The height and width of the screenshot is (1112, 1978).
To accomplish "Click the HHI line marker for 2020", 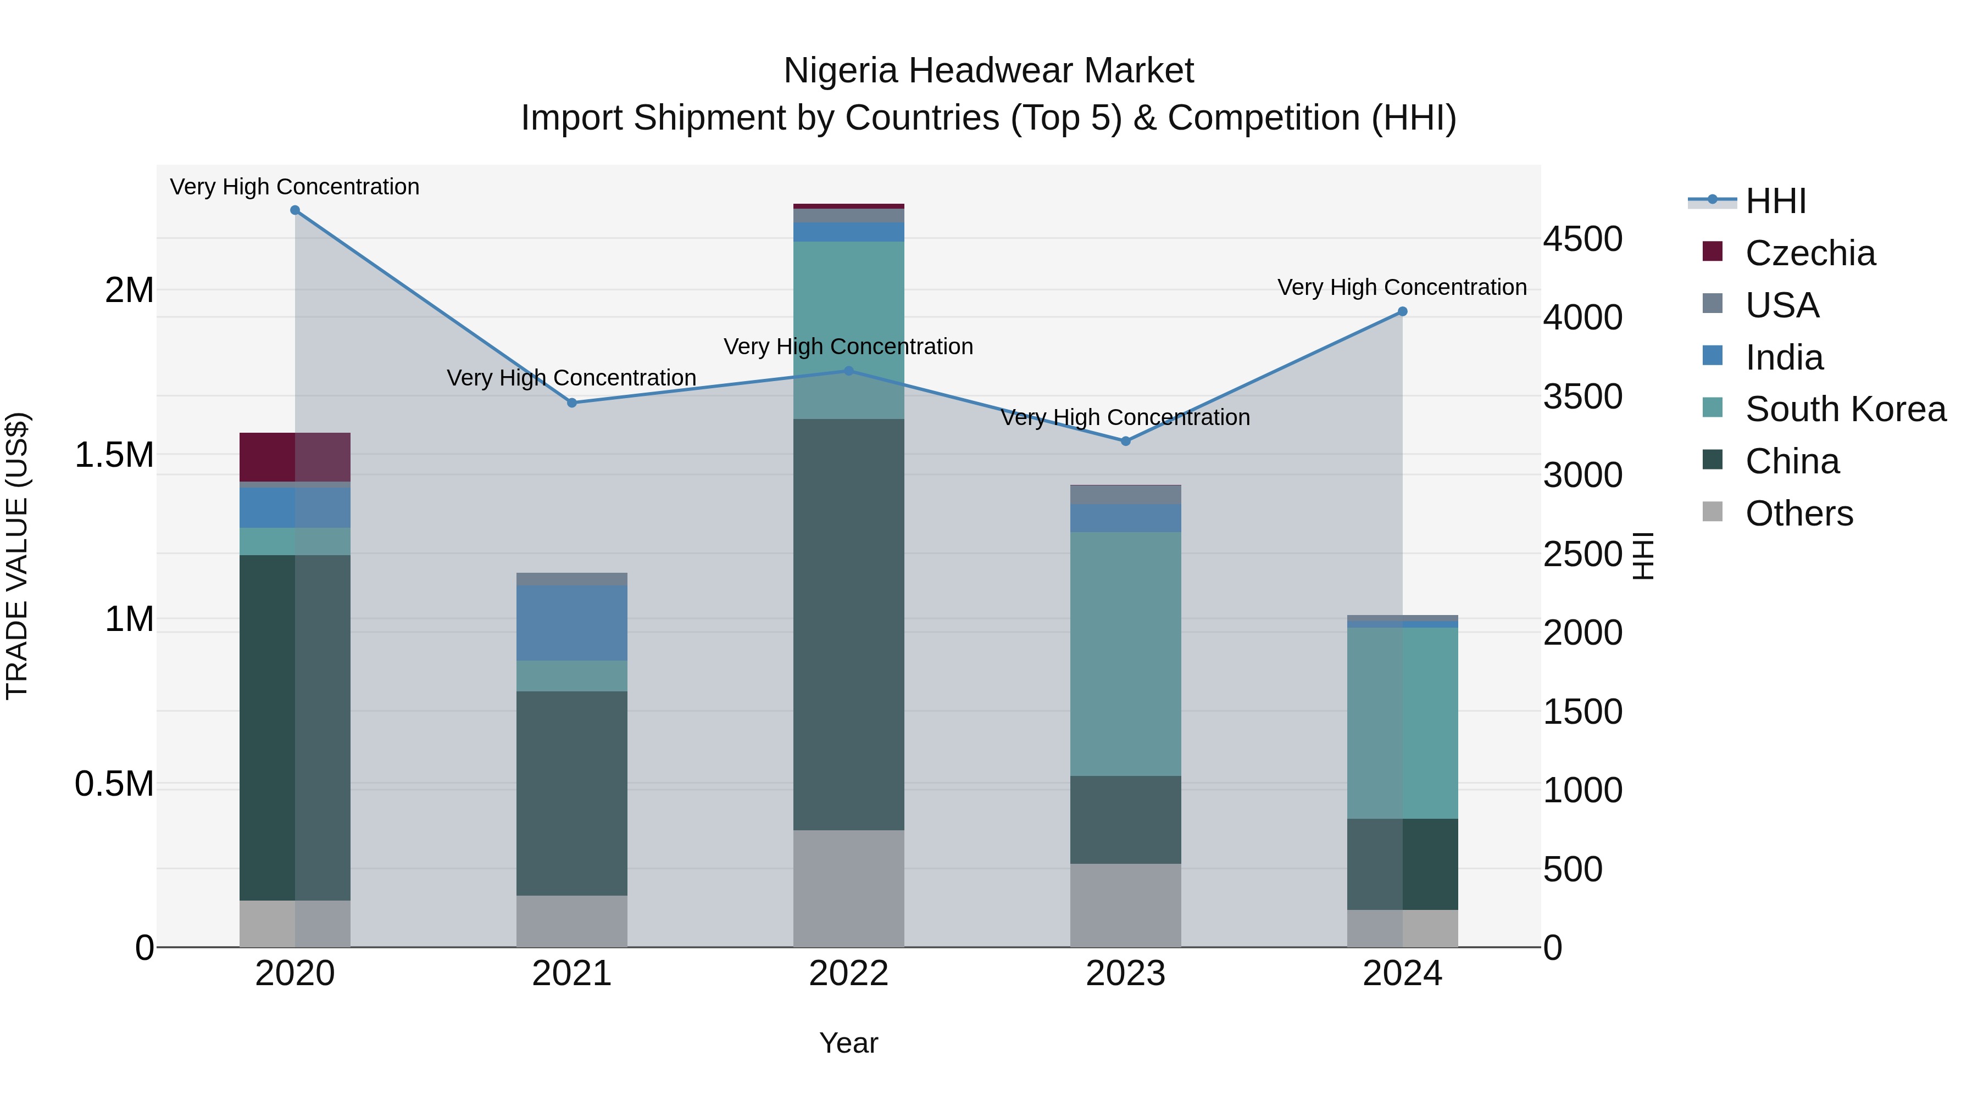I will click(x=295, y=210).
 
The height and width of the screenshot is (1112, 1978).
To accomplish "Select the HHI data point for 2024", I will click(x=1402, y=311).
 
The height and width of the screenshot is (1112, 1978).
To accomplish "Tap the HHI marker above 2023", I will click(x=1126, y=442).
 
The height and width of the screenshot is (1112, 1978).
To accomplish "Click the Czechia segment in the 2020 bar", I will click(x=295, y=457).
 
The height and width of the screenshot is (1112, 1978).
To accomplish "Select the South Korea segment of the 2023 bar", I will click(x=1126, y=654).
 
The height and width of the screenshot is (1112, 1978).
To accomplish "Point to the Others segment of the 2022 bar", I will click(x=848, y=888).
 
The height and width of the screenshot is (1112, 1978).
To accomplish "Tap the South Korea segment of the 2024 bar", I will click(x=1402, y=723).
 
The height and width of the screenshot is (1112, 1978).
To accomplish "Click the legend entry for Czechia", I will click(x=1810, y=253).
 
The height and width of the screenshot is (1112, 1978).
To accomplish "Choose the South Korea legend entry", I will click(x=1845, y=409).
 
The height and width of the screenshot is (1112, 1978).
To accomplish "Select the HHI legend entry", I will click(x=1775, y=201).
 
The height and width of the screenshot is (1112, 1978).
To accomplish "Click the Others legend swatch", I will click(x=1712, y=512).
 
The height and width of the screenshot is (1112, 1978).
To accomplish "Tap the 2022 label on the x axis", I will click(x=848, y=974).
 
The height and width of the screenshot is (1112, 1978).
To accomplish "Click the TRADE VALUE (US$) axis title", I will click(x=17, y=556).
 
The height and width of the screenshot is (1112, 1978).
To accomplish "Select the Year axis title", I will click(x=848, y=1043).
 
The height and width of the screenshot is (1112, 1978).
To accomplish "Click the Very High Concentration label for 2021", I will click(x=571, y=378).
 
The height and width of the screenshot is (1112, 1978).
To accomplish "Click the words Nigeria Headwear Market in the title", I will click(x=988, y=71).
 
